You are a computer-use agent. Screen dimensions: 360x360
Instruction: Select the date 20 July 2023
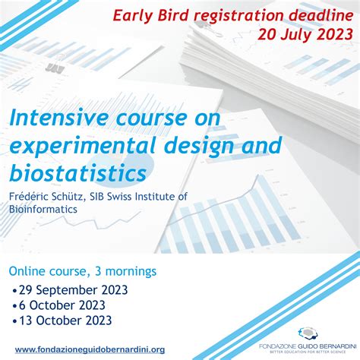click(305, 33)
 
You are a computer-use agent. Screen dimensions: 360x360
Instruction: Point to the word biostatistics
click(77, 172)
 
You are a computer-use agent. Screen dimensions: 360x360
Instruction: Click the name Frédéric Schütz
click(43, 196)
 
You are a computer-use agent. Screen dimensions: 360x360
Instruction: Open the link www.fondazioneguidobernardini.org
click(89, 349)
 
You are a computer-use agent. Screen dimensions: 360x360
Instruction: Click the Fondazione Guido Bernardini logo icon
click(308, 333)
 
